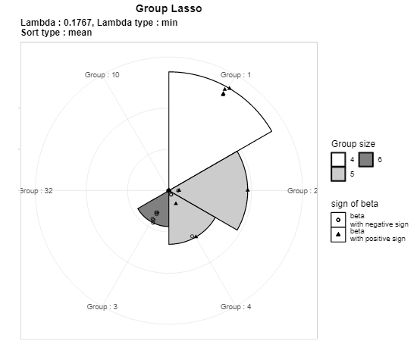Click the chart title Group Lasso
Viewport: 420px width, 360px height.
click(x=168, y=8)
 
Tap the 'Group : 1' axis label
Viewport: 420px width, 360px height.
click(x=236, y=75)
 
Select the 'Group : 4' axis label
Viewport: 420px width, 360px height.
click(x=236, y=307)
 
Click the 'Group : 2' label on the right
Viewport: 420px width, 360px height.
click(x=302, y=191)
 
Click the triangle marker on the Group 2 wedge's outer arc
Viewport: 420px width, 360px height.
click(x=248, y=189)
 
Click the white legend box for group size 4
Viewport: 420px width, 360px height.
click(x=338, y=159)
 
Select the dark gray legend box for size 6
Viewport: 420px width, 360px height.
click(x=366, y=159)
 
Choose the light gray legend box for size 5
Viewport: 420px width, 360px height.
click(x=338, y=174)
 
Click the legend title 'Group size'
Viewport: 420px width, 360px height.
click(x=353, y=144)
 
